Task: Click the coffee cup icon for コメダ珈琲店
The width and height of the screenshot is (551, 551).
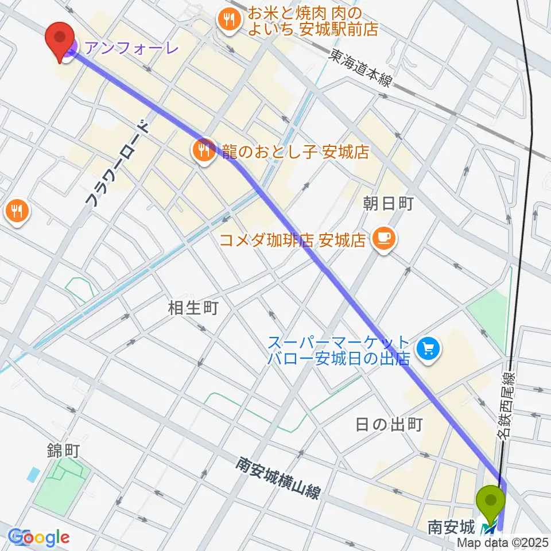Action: [x=382, y=237]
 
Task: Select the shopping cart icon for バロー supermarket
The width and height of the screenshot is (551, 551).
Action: [x=428, y=347]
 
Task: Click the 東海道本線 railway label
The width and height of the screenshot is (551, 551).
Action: [x=360, y=68]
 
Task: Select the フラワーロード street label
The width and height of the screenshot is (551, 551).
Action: [x=117, y=164]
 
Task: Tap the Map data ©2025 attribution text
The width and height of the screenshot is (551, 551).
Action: [x=503, y=542]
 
